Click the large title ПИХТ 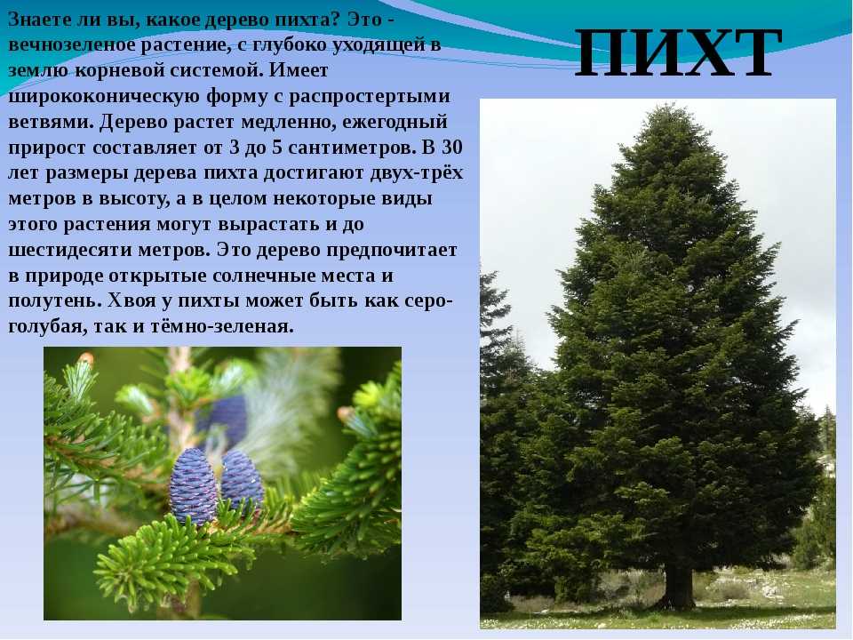(678, 53)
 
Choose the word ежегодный (395, 123)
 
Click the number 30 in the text (452, 148)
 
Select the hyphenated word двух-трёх (417, 173)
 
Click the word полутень (55, 301)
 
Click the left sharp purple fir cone (193, 487)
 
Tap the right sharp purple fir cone (242, 480)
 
